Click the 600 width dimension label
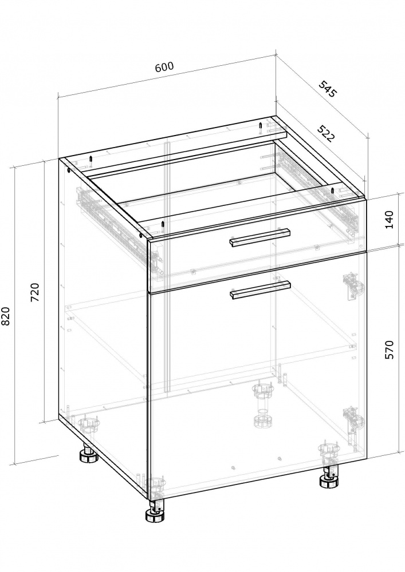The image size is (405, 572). (x=164, y=67)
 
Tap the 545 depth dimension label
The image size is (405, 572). (x=327, y=89)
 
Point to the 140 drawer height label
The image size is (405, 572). (x=390, y=220)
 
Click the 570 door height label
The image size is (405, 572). (x=390, y=350)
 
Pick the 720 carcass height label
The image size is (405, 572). (x=36, y=292)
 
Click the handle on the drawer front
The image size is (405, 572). (x=259, y=238)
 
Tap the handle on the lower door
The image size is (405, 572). (x=259, y=290)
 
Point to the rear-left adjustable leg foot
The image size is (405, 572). (x=88, y=454)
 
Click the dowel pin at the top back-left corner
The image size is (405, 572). (x=90, y=161)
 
